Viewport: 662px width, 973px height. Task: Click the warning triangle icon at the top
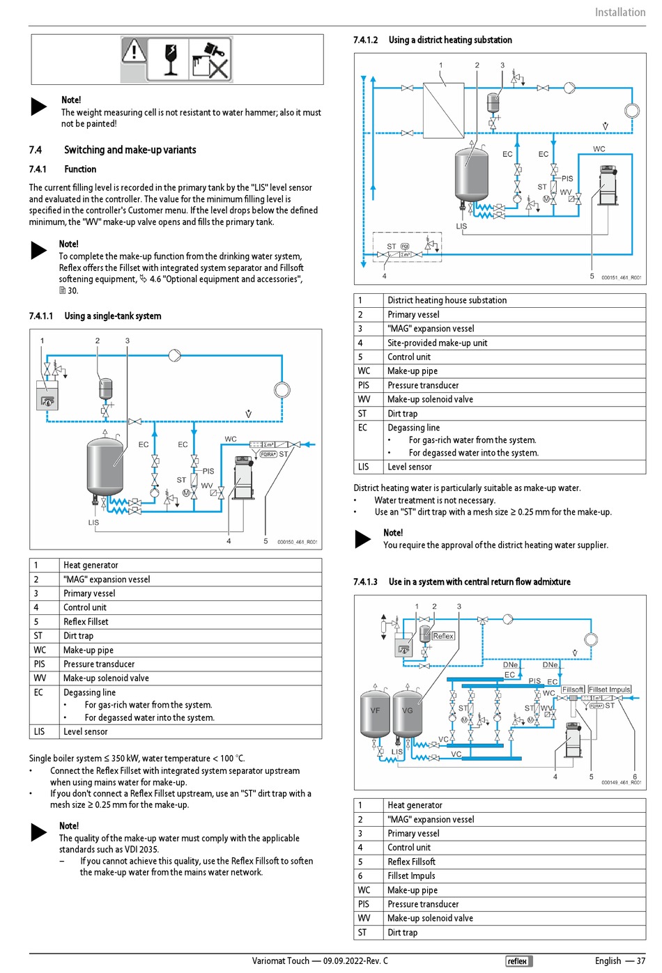click(134, 51)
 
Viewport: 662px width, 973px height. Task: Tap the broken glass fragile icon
click(171, 59)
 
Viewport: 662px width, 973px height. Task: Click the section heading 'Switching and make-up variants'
click(130, 150)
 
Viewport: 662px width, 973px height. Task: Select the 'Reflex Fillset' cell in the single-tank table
click(86, 621)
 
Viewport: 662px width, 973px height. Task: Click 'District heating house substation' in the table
click(447, 300)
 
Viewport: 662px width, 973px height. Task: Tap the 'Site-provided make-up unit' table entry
click(437, 343)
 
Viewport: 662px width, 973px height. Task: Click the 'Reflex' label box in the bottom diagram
click(443, 636)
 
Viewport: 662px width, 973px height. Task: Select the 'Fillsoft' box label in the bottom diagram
click(573, 690)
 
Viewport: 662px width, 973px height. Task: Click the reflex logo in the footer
click(518, 961)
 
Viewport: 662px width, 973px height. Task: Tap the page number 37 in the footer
click(640, 961)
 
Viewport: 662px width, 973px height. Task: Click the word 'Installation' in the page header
click(619, 12)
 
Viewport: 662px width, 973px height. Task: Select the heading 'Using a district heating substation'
click(449, 40)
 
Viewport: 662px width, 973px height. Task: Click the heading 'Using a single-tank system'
click(112, 316)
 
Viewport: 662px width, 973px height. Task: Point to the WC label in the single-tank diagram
click(231, 439)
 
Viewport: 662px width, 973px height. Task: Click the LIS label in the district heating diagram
click(461, 226)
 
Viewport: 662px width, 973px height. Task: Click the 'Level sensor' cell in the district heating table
click(409, 467)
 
